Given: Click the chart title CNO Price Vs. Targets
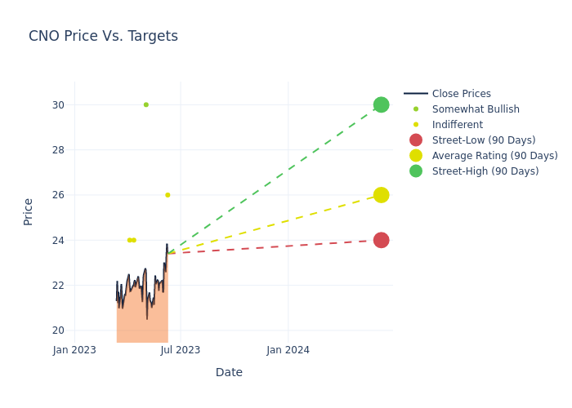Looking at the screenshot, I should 103,36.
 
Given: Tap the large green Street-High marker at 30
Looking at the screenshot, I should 381,104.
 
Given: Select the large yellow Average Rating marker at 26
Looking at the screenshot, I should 381,195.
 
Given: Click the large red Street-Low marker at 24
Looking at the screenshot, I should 381,240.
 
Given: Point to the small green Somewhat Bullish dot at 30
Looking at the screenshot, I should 146,104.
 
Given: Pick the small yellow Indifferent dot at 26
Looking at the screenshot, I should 168,195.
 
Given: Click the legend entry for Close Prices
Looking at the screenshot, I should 461,94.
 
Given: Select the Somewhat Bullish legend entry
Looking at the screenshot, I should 475,109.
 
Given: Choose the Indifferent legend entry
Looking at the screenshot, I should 457,125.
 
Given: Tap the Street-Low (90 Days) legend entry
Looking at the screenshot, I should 483,140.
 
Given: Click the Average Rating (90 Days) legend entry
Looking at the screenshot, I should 494,156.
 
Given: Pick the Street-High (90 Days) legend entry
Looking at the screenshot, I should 485,171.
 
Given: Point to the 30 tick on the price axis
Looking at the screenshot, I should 59,104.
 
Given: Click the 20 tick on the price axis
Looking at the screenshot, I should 59,330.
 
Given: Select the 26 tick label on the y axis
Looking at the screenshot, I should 59,195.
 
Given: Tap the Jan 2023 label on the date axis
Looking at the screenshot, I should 74,350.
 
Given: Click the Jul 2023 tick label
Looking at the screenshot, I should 181,350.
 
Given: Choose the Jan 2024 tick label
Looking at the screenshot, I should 288,350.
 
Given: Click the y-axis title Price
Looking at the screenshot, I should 29,211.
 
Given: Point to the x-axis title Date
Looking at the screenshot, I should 229,372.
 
